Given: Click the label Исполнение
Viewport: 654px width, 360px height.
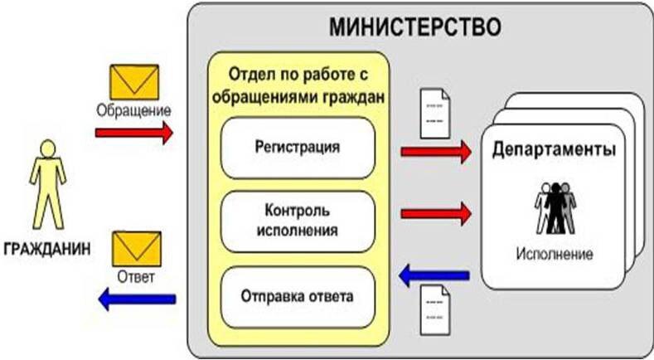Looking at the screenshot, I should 555,254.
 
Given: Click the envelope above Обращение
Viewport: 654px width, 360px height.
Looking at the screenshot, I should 133,82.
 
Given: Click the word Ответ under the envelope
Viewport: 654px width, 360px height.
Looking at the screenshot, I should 135,275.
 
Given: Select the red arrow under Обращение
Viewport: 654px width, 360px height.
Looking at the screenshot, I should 134,131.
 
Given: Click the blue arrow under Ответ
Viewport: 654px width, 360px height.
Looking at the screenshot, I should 134,297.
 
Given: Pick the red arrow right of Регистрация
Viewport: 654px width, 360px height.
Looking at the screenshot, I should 435,151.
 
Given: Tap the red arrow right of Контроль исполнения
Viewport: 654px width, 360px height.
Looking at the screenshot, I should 435,214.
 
